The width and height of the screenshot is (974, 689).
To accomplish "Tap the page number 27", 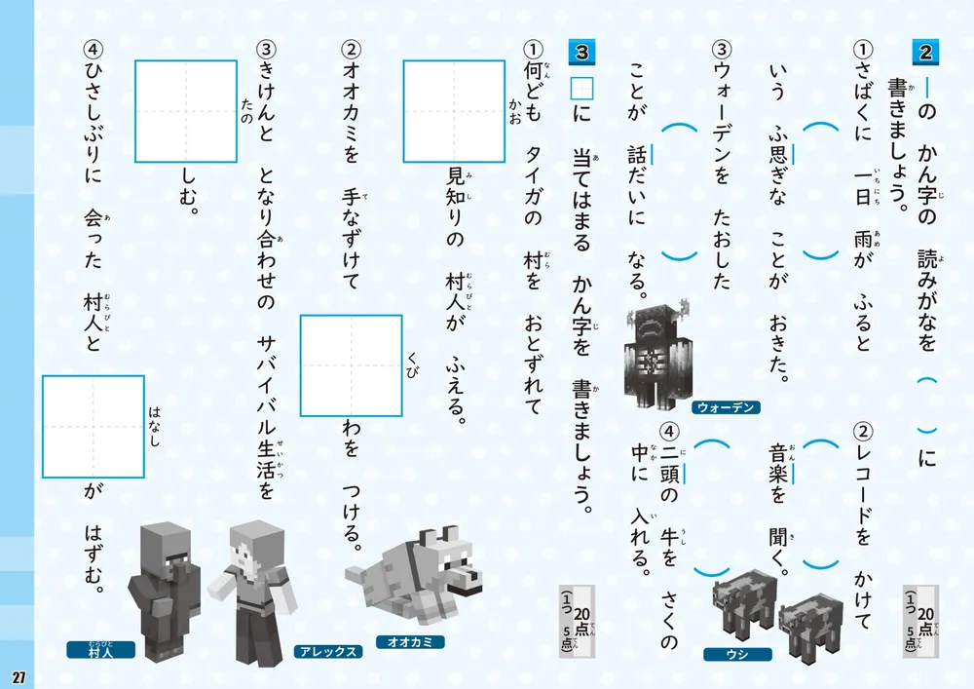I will click(19, 676).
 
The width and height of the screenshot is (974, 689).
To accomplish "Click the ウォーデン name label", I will click(726, 407).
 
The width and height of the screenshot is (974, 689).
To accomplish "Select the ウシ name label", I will click(738, 654).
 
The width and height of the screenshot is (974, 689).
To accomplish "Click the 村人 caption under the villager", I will click(100, 650).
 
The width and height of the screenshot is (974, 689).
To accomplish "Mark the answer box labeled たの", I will click(186, 110).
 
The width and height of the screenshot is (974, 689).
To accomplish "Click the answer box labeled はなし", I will click(94, 426).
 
